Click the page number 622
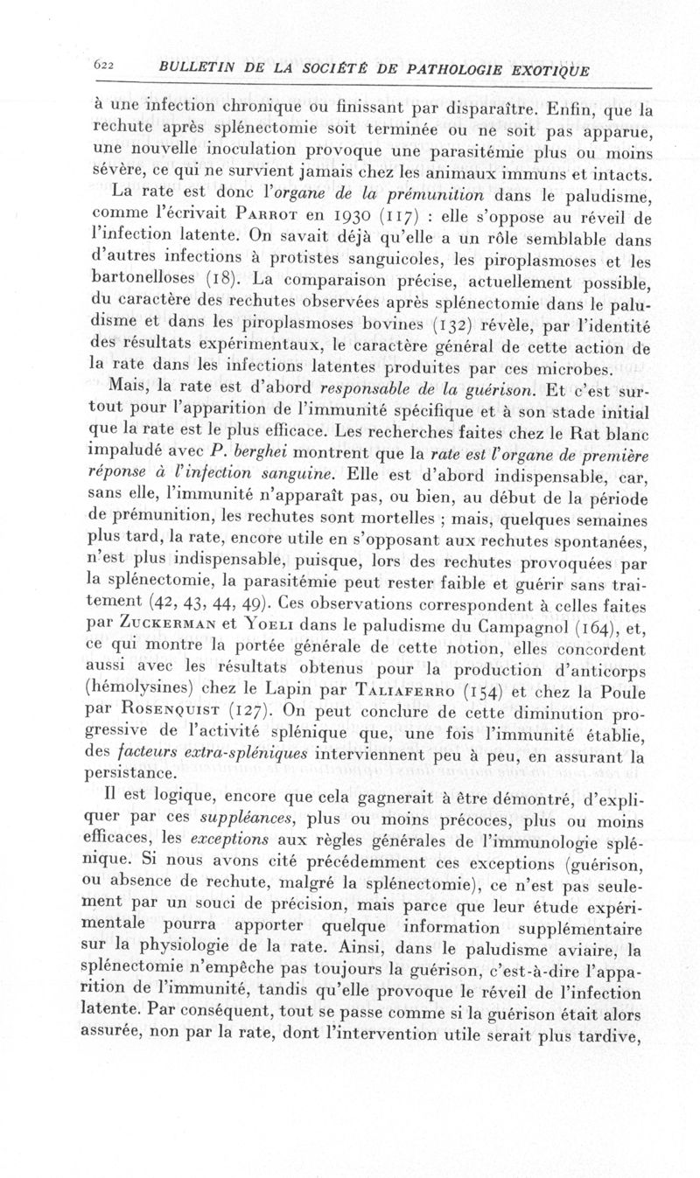pyautogui.click(x=106, y=70)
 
